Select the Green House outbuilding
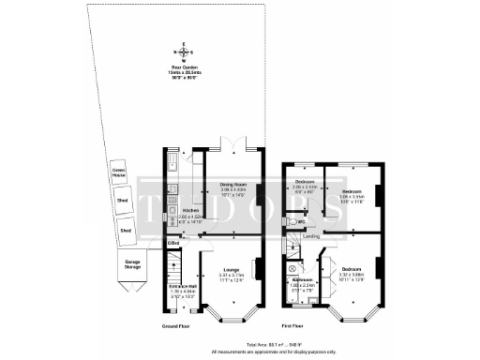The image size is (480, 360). click(119, 172)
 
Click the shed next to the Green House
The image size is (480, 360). click(121, 200)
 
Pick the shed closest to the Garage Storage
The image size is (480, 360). click(123, 228)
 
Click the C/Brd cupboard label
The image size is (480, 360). click(173, 243)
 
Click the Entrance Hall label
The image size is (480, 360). click(182, 286)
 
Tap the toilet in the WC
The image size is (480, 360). click(293, 220)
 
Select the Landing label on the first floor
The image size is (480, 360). click(312, 237)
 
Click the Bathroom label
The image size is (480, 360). click(302, 279)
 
